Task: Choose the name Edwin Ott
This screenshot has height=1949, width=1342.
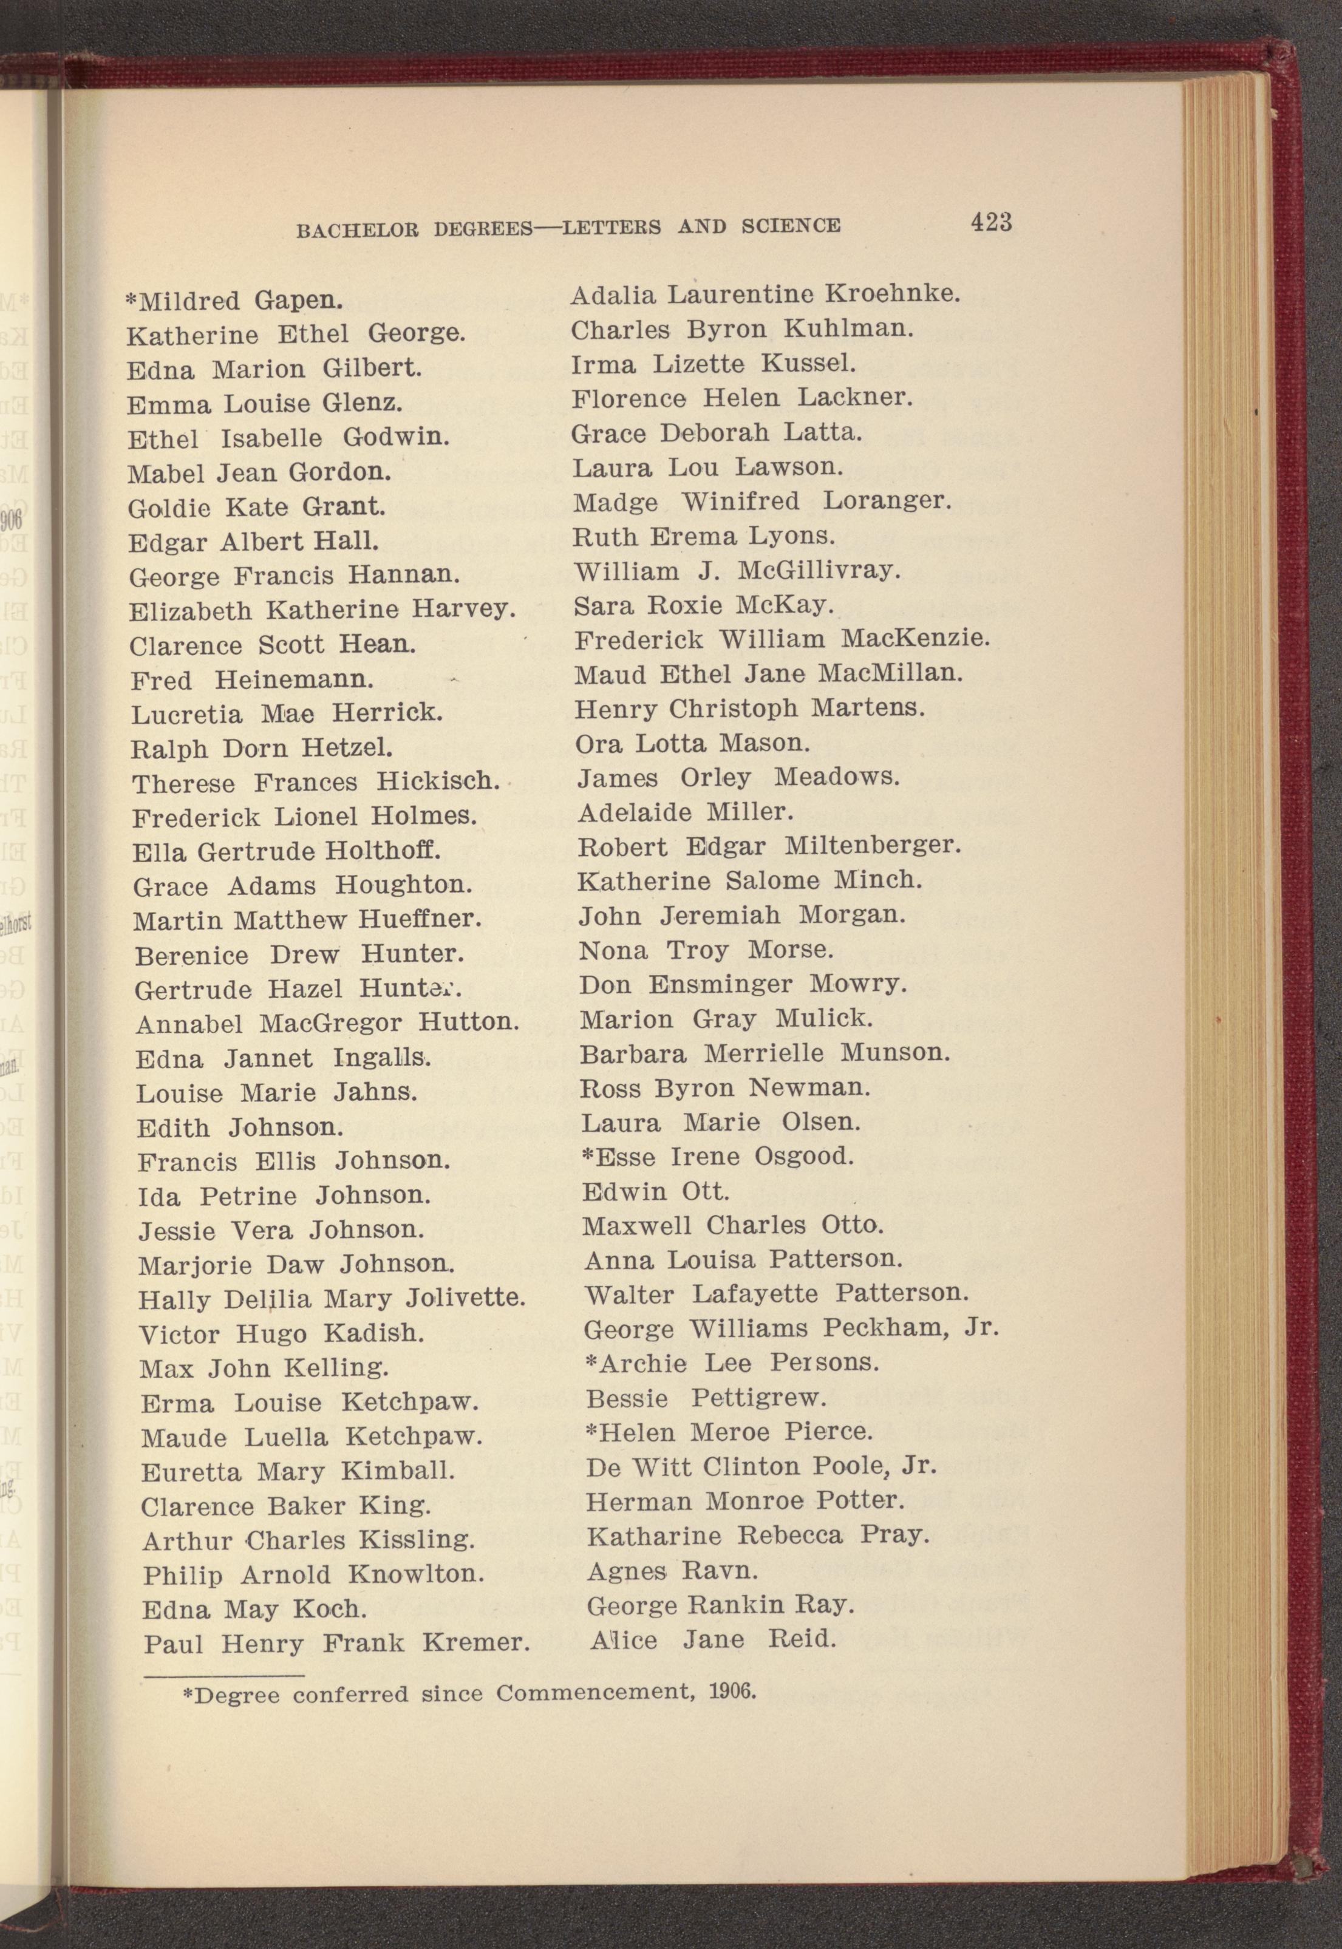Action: coord(655,1191)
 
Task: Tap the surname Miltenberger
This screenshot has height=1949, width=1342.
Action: coord(872,846)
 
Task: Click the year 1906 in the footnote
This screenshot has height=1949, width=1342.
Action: coord(733,1691)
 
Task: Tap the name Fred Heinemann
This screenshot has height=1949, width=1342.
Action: coord(252,679)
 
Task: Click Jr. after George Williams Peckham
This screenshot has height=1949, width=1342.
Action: coord(981,1328)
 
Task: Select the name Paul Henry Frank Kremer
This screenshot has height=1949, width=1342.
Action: coord(336,1643)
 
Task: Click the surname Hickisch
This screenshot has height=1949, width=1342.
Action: coord(437,782)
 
